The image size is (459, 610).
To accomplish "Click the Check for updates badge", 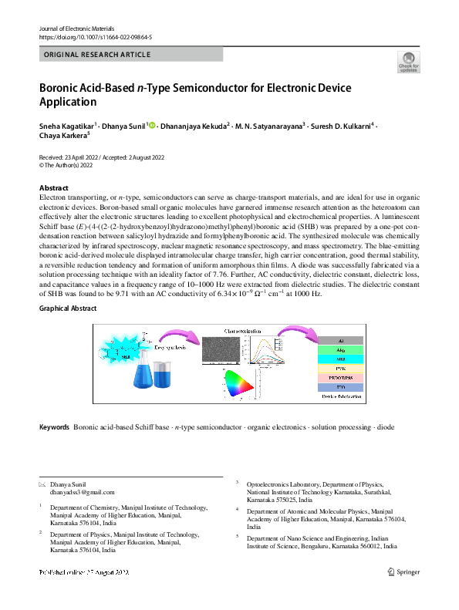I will (408, 62).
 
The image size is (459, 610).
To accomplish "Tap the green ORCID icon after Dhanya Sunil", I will (152, 125).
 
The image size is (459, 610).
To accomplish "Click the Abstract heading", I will (53, 188).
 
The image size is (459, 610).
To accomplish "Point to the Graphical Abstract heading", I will (68, 308).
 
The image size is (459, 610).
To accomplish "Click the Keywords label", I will (54, 426).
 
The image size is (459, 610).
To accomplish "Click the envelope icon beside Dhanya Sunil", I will (42, 484).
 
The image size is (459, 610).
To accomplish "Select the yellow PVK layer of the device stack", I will (341, 370).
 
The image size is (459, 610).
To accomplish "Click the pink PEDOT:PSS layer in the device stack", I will (341, 381).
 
